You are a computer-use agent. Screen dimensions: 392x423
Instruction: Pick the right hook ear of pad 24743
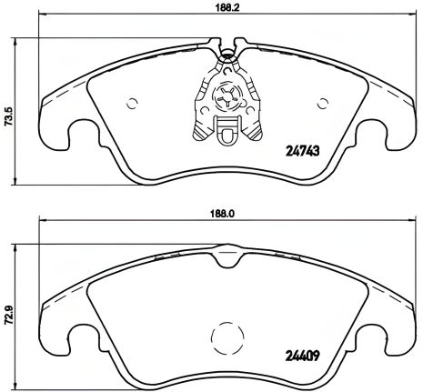coord(387,136)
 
